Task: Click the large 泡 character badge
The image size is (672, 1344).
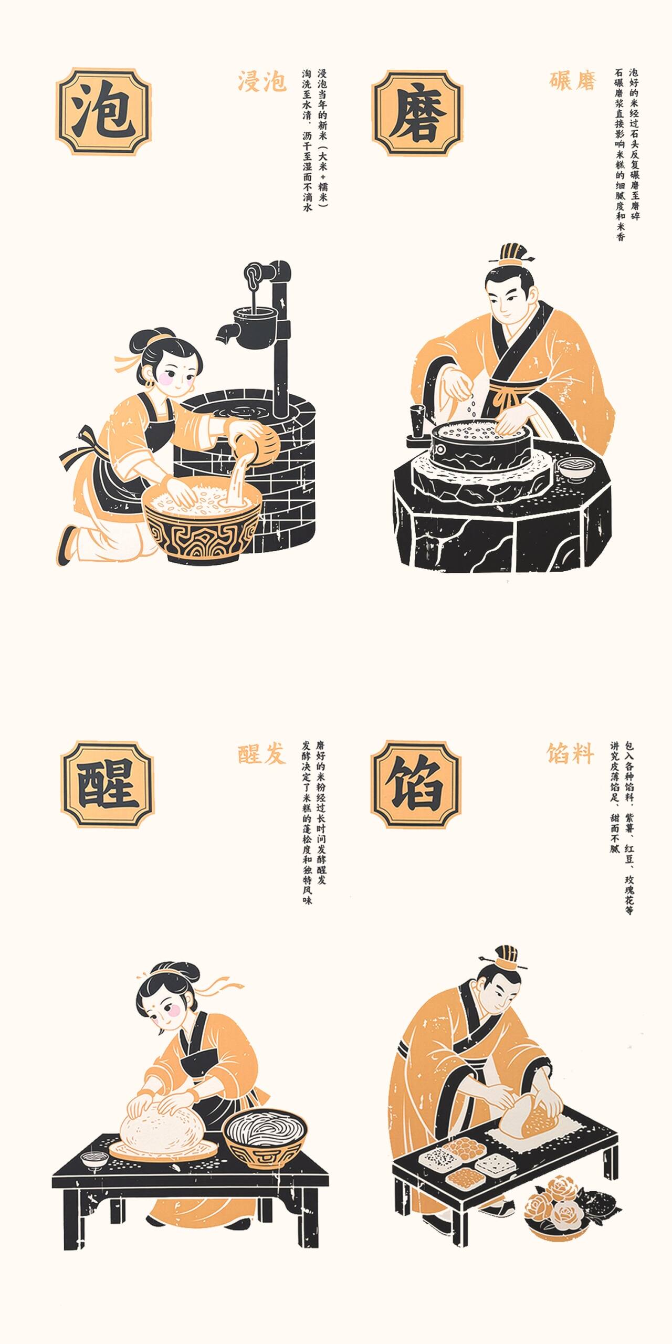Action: tap(103, 111)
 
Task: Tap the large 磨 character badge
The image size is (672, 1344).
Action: tap(418, 113)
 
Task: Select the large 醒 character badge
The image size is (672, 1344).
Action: tap(108, 784)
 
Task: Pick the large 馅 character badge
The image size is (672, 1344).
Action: tap(416, 784)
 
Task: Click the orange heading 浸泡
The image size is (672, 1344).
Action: tap(262, 82)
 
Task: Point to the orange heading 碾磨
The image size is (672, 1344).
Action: tap(573, 81)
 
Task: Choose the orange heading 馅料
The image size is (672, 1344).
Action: tap(570, 754)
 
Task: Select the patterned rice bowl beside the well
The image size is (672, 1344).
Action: tap(202, 523)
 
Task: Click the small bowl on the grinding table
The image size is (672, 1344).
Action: tap(576, 467)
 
